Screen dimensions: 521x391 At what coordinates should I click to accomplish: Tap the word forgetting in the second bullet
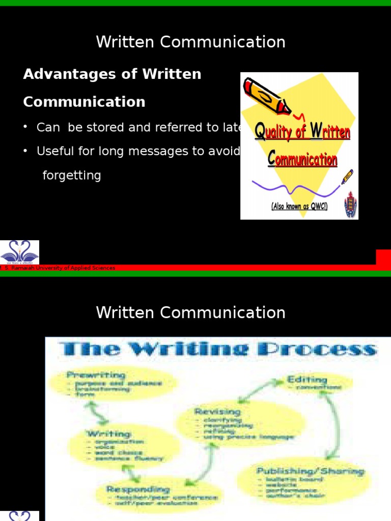click(x=71, y=176)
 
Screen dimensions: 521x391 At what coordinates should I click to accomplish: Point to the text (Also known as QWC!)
click(x=299, y=207)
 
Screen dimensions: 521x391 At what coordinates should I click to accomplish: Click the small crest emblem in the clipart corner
click(x=351, y=204)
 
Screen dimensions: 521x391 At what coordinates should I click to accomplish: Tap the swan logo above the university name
click(x=19, y=252)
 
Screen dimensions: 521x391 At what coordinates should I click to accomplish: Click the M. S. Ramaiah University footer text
click(x=58, y=268)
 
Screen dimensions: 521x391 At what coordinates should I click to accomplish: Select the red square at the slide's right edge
click(x=383, y=257)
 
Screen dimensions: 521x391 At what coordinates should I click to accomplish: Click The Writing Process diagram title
click(x=218, y=350)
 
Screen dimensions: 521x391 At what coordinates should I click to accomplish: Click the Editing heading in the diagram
click(x=306, y=379)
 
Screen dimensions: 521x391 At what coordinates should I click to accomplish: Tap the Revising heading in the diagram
click(x=217, y=411)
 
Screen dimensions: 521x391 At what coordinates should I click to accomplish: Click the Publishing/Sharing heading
click(x=310, y=471)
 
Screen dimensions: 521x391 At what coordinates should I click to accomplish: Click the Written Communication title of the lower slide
click(x=190, y=312)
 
